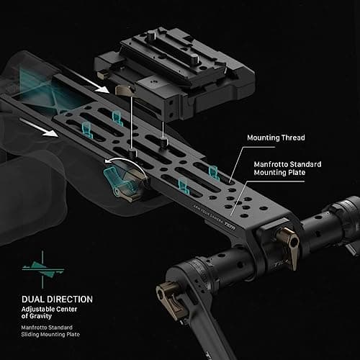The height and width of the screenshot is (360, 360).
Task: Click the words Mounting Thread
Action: pyautogui.click(x=276, y=138)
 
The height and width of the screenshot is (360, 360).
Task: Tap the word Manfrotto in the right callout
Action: pyautogui.click(x=271, y=164)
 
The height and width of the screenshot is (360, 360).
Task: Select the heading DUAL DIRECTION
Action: pyautogui.click(x=57, y=300)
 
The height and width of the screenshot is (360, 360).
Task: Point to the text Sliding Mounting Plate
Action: pyautogui.click(x=50, y=334)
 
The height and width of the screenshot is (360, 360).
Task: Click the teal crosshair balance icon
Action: pyautogui.click(x=42, y=269)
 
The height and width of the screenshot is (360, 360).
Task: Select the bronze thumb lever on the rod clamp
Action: pyautogui.click(x=290, y=246)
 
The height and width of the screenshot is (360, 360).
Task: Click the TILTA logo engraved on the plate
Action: pyautogui.click(x=229, y=225)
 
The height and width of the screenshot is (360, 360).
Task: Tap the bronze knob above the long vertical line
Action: pyautogui.click(x=125, y=90)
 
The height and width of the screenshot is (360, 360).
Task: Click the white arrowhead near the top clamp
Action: pyautogui.click(x=103, y=89)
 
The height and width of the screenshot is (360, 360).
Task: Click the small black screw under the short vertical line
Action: pyautogui.click(x=164, y=142)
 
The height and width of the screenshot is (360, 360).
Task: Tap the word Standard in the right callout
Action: pyautogui.click(x=306, y=164)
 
